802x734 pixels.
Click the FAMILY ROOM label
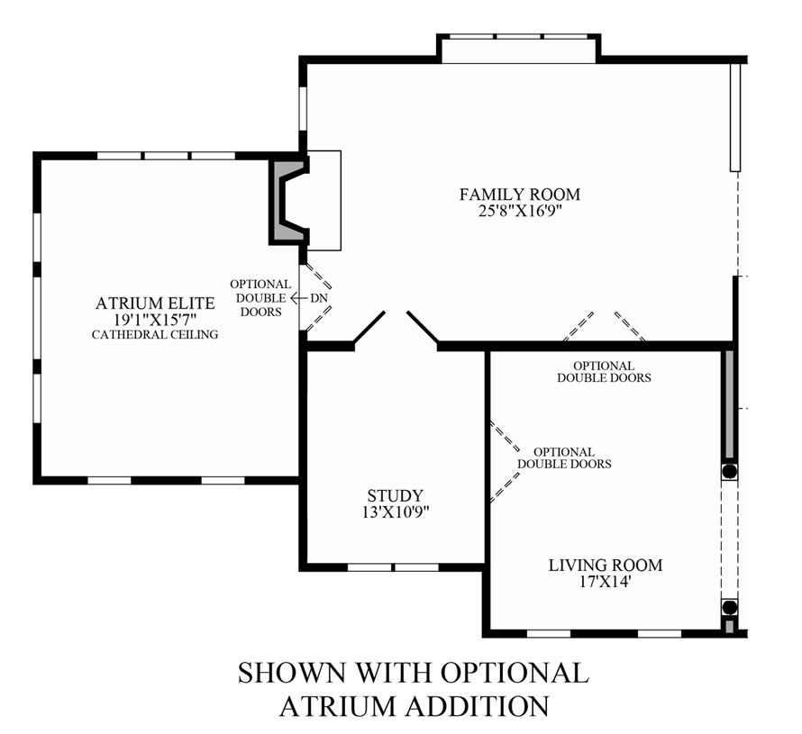coord(520,195)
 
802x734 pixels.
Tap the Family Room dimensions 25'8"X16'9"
coord(520,211)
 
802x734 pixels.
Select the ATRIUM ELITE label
coord(155,304)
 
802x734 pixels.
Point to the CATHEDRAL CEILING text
coord(155,335)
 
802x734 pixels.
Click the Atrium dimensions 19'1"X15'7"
coord(155,320)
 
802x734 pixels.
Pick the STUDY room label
coord(396,495)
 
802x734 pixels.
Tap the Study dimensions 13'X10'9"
coord(396,512)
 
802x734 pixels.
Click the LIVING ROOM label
coord(606,565)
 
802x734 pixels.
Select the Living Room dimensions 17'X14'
coord(606,582)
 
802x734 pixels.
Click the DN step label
coord(319,298)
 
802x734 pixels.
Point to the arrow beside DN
coord(297,298)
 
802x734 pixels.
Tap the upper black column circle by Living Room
coord(729,470)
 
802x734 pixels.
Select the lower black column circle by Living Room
coord(729,607)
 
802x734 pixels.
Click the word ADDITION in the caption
coord(477,706)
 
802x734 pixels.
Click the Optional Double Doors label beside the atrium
coord(260,298)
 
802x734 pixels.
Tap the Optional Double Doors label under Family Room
coord(604,372)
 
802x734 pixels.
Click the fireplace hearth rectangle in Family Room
coord(324,200)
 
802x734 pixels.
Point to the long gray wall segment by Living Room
coord(729,403)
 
